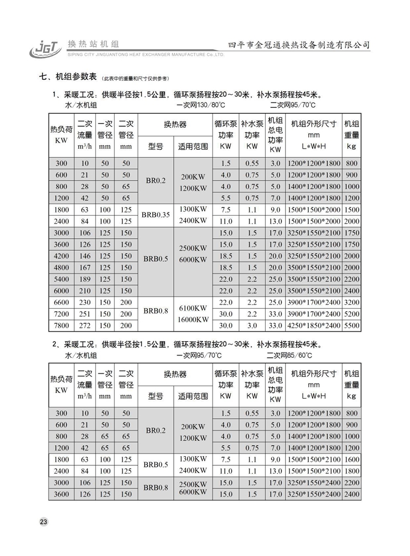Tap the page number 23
[44, 522]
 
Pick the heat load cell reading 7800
[61, 326]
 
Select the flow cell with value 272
[85, 326]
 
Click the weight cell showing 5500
[352, 326]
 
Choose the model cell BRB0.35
[156, 215]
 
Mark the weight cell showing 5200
[352, 314]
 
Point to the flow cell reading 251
[85, 314]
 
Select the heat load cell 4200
[61, 256]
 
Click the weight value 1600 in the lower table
[352, 459]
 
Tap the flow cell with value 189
[85, 279]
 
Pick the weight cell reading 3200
[352, 302]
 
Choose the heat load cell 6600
[61, 302]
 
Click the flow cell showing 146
[85, 256]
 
